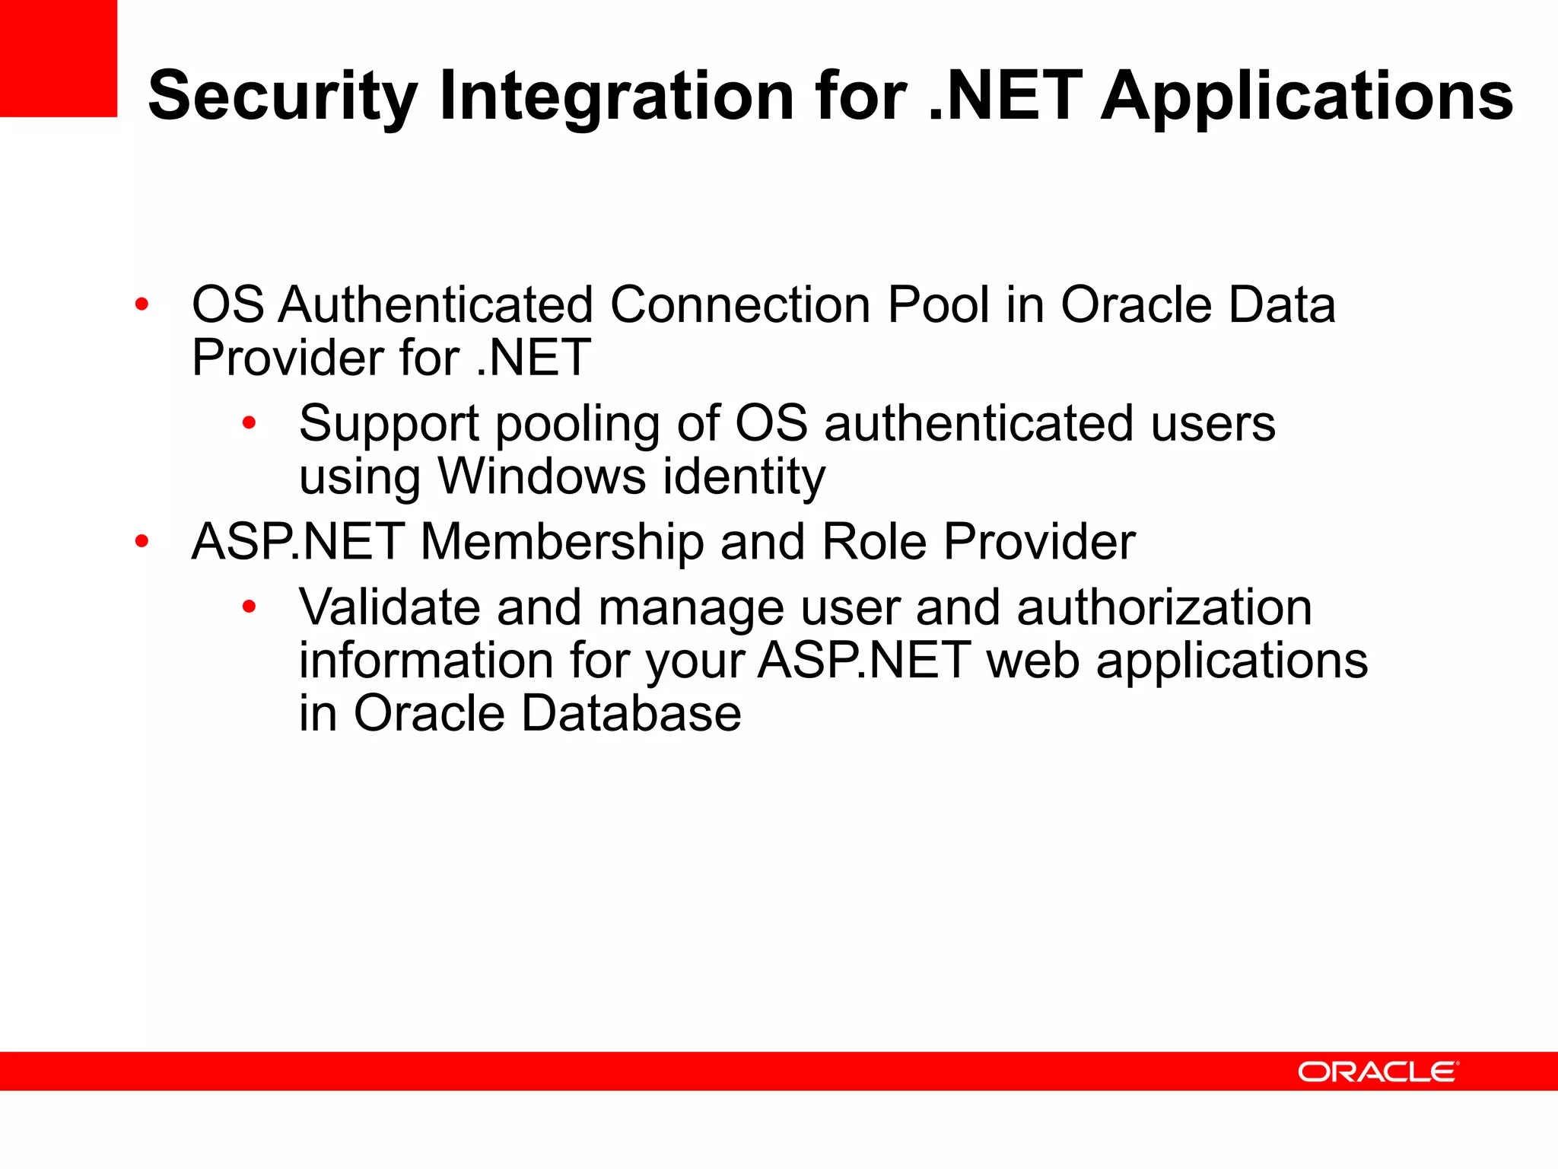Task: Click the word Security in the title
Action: tap(282, 96)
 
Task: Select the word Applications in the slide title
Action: tap(1307, 96)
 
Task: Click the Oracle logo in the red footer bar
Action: tap(1378, 1072)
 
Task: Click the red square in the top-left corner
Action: tap(59, 58)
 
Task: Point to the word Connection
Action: tap(740, 305)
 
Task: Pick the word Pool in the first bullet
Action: tap(938, 305)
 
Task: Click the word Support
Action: tap(389, 424)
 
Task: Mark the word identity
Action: tap(744, 478)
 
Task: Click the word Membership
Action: tap(561, 542)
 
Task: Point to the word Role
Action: tap(874, 542)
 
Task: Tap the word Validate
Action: tap(389, 607)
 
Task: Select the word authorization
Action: tap(1164, 607)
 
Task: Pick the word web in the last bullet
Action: tap(1032, 661)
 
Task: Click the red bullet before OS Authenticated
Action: tap(141, 305)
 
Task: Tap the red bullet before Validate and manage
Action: tap(249, 607)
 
